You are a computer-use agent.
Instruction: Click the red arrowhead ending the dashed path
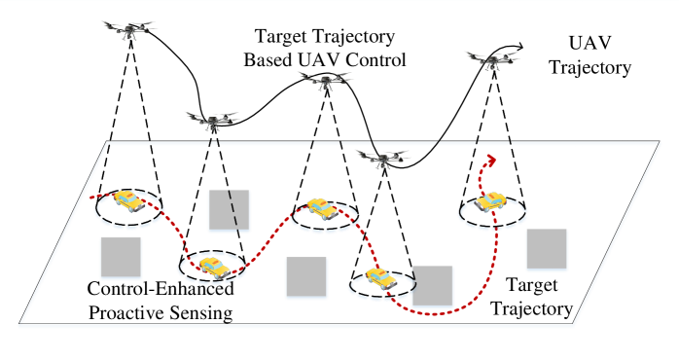pos(489,159)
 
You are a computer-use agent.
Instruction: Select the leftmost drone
pos(129,31)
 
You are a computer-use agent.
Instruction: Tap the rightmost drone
pos(492,60)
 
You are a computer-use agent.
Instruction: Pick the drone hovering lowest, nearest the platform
pos(383,158)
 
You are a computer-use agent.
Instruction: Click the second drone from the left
pos(212,120)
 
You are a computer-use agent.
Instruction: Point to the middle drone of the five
pos(325,80)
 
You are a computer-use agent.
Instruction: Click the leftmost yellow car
pos(127,201)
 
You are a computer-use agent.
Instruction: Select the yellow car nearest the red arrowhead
pos(491,201)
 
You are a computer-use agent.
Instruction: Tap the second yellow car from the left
pos(212,267)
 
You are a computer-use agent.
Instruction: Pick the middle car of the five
pos(322,208)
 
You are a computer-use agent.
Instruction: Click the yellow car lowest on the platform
pos(380,278)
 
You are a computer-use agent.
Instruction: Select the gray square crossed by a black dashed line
pos(230,211)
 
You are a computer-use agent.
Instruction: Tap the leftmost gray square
pos(121,258)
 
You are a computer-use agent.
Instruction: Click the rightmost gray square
pos(547,250)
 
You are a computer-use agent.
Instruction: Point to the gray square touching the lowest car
pos(433,286)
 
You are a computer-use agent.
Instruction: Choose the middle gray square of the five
pos(306,277)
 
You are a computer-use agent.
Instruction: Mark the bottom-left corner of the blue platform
pos(20,324)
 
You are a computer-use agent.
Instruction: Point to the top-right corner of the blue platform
pos(661,144)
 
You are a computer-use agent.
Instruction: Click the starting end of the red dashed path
pos(91,198)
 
